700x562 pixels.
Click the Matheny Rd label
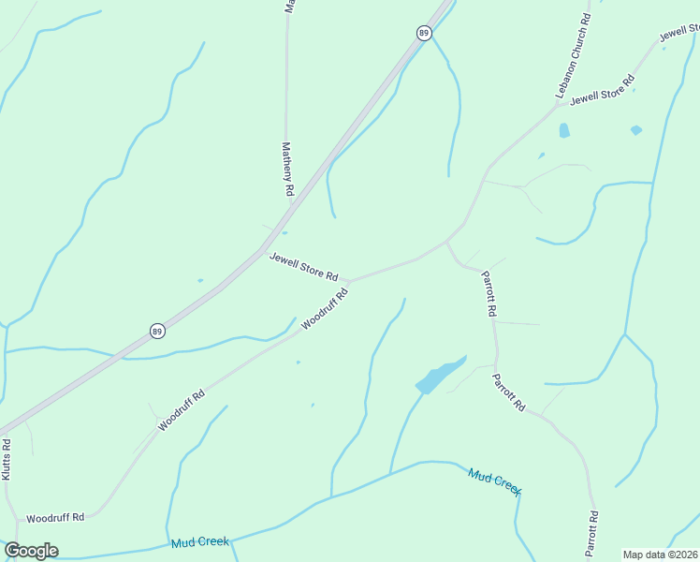tap(288, 169)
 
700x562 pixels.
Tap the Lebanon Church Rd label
tap(573, 56)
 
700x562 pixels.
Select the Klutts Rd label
tap(7, 459)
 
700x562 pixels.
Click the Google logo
tap(31, 551)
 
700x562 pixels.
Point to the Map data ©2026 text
tap(661, 555)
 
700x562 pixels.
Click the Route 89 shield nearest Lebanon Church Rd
tap(424, 33)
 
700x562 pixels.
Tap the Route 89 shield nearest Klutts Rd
tap(157, 332)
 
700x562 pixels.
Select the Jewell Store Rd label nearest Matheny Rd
tap(303, 267)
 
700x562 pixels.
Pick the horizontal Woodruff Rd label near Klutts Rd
tap(55, 517)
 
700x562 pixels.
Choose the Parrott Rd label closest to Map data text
tap(591, 534)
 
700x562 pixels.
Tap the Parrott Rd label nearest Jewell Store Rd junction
tap(489, 293)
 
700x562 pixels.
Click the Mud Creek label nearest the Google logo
tap(200, 542)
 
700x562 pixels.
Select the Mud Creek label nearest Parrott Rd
tap(494, 481)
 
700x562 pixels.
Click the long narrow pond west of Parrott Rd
tap(439, 375)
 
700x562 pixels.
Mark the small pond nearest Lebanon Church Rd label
tap(564, 131)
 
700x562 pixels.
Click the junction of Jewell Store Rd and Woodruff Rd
tap(348, 279)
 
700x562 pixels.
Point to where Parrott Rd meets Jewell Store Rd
tap(447, 242)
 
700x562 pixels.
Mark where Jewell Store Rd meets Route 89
tap(264, 249)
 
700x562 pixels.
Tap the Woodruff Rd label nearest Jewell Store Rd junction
tap(325, 308)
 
